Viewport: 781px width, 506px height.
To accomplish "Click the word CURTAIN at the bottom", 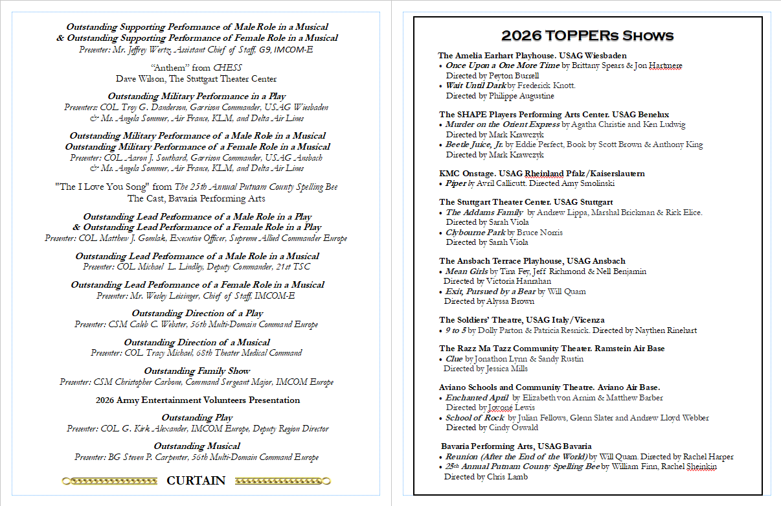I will tap(196, 481).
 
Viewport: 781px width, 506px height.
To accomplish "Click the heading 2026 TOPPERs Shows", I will tap(587, 35).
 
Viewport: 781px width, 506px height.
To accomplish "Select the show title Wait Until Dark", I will tap(475, 86).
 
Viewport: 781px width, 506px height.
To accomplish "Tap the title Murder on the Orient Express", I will tap(503, 124).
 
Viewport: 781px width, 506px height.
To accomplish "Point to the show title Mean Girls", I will tap(467, 271).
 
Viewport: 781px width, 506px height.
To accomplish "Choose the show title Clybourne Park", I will tap(475, 233).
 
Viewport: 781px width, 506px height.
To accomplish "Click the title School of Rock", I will tap(475, 418).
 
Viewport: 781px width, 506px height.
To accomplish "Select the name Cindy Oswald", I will tap(513, 428).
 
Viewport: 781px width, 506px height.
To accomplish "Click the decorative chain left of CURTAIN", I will tap(109, 481).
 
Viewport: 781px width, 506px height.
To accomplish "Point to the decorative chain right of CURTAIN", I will tap(282, 481).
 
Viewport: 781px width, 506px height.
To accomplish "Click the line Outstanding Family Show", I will tap(197, 371).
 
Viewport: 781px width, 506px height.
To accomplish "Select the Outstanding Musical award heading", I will tap(197, 446).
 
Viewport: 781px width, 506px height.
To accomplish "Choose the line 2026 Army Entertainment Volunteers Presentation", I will tap(198, 400).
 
